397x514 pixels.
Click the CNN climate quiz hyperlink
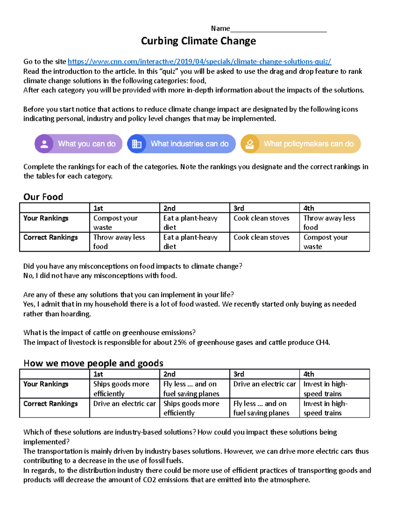click(199, 62)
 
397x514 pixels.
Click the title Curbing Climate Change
click(198, 41)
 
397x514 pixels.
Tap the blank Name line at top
click(278, 29)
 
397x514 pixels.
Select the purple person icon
click(44, 144)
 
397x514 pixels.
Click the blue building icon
click(137, 144)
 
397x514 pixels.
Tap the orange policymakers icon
click(250, 144)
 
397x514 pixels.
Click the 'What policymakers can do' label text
click(308, 144)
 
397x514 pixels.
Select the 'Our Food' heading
click(43, 197)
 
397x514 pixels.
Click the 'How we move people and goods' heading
click(93, 363)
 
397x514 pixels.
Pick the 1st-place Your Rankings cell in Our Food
click(124, 223)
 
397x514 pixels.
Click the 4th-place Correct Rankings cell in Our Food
click(334, 242)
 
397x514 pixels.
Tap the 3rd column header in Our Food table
click(239, 208)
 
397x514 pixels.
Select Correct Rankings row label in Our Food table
click(51, 238)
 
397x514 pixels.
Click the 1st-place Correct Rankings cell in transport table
click(124, 404)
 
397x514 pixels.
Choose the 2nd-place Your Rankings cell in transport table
click(194, 389)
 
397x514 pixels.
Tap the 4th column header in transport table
click(309, 374)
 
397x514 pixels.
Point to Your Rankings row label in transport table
click(46, 384)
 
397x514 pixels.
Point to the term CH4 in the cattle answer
click(322, 343)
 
